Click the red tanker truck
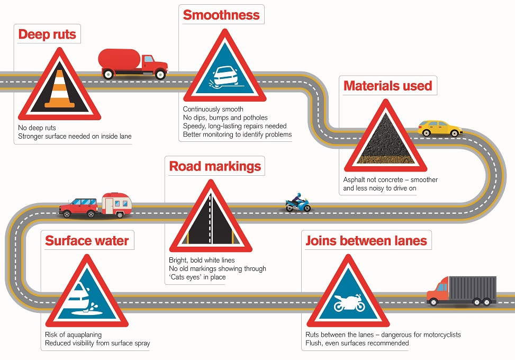pos(133,64)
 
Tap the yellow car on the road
pos(440,129)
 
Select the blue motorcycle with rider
pos(298,203)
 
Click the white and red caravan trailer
pos(116,205)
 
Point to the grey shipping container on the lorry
pos(473,288)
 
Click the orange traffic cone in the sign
pos(59,89)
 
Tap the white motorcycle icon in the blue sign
pos(349,303)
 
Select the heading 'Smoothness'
pos(221,15)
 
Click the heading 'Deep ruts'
pos(47,34)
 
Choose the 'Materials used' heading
pos(387,86)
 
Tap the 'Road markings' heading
pos(215,166)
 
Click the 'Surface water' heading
pos(87,241)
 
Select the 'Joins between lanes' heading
pos(366,241)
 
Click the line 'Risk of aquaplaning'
pos(73,335)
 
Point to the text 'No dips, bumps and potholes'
pos(225,118)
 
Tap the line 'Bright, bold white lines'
pos(202,260)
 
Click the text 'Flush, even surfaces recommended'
pos(357,343)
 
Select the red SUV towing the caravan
pos(78,208)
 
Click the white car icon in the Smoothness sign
pos(225,77)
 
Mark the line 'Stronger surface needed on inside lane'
pos(75,136)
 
